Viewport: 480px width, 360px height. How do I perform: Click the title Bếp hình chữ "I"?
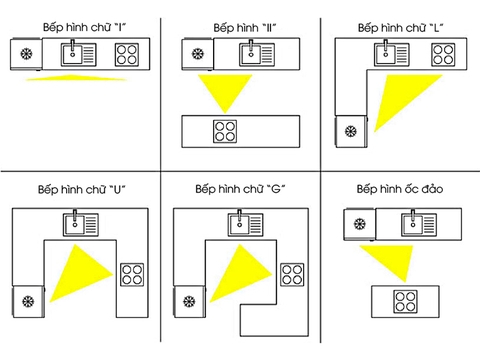click(84, 23)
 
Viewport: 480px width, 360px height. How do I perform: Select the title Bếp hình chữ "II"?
click(245, 24)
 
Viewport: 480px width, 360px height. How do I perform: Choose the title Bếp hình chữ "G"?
click(238, 188)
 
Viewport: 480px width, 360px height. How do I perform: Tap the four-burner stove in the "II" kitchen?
click(226, 129)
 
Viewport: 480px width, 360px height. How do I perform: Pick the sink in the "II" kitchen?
click(248, 54)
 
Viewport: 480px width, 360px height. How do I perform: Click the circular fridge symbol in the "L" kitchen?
click(350, 129)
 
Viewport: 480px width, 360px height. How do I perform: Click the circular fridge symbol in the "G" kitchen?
click(186, 299)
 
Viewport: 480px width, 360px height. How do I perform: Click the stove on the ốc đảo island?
click(404, 299)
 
